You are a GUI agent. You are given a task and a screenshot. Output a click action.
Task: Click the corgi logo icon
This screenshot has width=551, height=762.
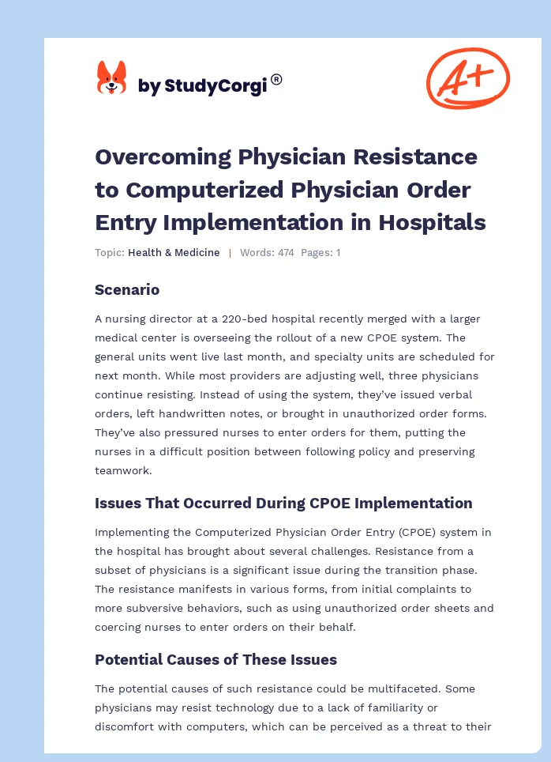click(x=111, y=78)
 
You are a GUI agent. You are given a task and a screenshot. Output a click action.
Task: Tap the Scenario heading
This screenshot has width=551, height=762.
click(x=127, y=289)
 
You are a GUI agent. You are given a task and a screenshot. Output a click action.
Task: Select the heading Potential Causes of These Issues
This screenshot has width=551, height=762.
click(x=216, y=659)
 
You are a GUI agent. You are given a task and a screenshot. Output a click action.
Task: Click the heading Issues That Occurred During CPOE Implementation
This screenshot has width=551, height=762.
click(x=283, y=503)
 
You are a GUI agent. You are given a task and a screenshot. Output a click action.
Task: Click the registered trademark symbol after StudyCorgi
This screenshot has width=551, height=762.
click(x=276, y=79)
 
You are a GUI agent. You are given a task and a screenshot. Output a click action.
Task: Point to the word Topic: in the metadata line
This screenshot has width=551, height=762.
click(x=110, y=253)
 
